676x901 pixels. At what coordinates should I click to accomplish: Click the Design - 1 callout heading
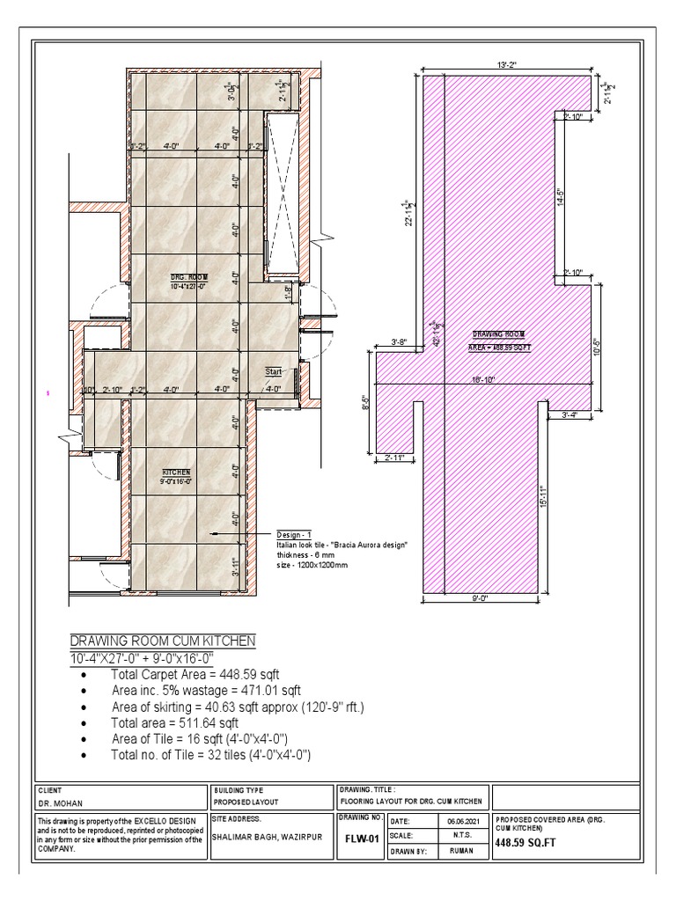(294, 535)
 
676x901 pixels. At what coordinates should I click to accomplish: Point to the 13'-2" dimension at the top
(506, 64)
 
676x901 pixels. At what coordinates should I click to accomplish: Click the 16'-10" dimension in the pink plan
(483, 379)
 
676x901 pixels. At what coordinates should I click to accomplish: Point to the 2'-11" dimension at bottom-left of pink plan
(395, 458)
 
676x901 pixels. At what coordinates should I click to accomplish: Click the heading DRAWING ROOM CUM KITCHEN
(162, 641)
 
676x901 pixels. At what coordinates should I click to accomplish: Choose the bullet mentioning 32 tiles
(211, 755)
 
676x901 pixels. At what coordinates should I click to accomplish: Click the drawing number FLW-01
(360, 839)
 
